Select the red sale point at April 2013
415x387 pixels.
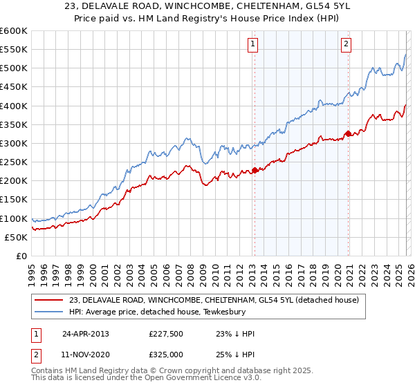[x=255, y=170]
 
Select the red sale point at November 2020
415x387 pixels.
[x=348, y=133]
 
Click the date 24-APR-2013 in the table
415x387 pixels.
[x=86, y=333]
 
